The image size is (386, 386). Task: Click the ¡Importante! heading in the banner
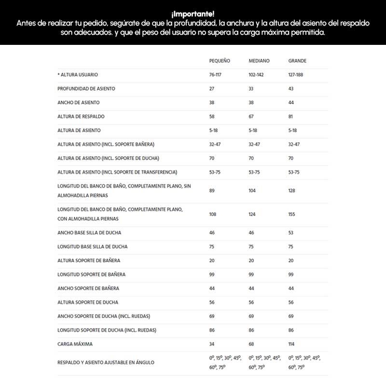point(193,13)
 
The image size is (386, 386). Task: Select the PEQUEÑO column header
point(220,61)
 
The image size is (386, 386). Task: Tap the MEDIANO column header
point(259,61)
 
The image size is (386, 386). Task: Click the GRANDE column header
point(297,61)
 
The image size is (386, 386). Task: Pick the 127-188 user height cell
point(297,75)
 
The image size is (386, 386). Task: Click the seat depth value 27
point(212,89)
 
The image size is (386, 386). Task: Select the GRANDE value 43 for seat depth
point(291,89)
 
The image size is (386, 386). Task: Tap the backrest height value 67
point(251,117)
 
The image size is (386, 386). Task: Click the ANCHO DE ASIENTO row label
point(79,103)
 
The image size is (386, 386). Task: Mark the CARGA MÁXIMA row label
point(75,344)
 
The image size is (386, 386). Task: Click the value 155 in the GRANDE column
point(292,214)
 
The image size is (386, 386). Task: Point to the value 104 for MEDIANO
point(252,191)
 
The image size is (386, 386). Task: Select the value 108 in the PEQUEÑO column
point(213,214)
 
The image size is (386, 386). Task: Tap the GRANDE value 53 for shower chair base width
point(291,233)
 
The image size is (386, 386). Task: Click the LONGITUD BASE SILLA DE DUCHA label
point(93,247)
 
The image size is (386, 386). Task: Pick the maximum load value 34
point(212,344)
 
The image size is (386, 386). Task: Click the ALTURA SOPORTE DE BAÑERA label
point(89,261)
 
